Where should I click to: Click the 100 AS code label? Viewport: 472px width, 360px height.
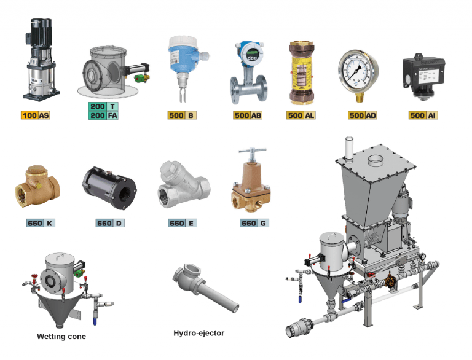35,115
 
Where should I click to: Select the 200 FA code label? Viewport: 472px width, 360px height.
104,115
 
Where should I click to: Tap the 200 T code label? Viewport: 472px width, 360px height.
104,106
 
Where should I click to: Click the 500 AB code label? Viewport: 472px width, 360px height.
249,115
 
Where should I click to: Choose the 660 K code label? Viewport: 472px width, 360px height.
42,223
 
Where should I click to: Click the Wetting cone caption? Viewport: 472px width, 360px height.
61,337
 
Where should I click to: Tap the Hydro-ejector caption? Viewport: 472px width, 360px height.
199,333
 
